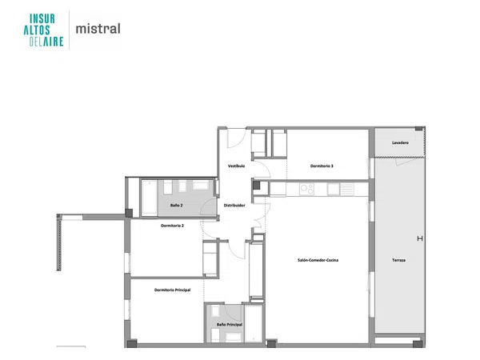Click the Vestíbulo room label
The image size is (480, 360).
tap(236, 166)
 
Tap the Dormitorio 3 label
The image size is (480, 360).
tap(322, 166)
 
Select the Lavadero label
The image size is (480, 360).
tap(401, 142)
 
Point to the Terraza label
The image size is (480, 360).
tap(399, 260)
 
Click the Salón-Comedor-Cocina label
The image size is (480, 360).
tap(318, 260)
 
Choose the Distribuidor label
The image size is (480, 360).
tap(234, 206)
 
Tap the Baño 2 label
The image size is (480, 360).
tap(177, 206)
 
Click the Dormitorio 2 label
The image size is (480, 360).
tap(172, 226)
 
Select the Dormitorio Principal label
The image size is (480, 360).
tap(172, 290)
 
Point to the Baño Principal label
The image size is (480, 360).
tap(230, 325)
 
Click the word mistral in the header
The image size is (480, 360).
tap(98, 29)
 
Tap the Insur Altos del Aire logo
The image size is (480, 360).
tap(43, 30)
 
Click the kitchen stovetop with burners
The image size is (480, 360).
tap(306, 189)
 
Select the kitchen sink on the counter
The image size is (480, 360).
tap(333, 189)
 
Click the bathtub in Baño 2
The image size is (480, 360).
tap(150, 198)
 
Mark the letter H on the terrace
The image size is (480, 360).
tap(420, 238)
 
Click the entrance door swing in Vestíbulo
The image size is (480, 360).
tap(236, 138)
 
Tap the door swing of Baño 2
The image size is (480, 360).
tap(209, 206)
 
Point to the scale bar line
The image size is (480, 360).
tap(71, 346)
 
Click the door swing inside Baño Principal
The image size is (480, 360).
tap(234, 313)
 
